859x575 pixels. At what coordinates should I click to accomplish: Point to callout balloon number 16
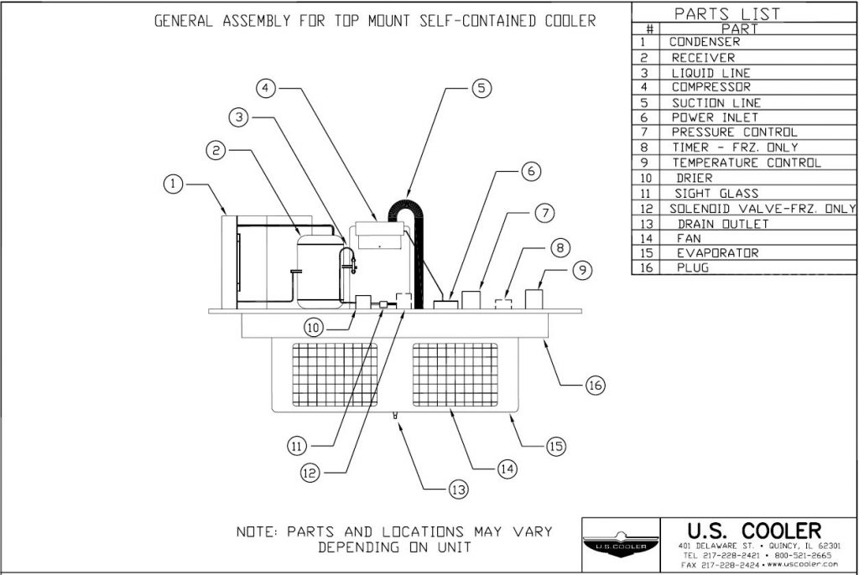[x=594, y=385]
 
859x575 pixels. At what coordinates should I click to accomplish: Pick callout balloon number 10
[x=314, y=329]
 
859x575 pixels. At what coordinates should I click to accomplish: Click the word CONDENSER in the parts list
[x=705, y=42]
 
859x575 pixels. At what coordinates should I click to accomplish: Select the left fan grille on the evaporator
[x=334, y=375]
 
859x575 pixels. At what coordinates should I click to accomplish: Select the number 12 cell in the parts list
[x=644, y=209]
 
